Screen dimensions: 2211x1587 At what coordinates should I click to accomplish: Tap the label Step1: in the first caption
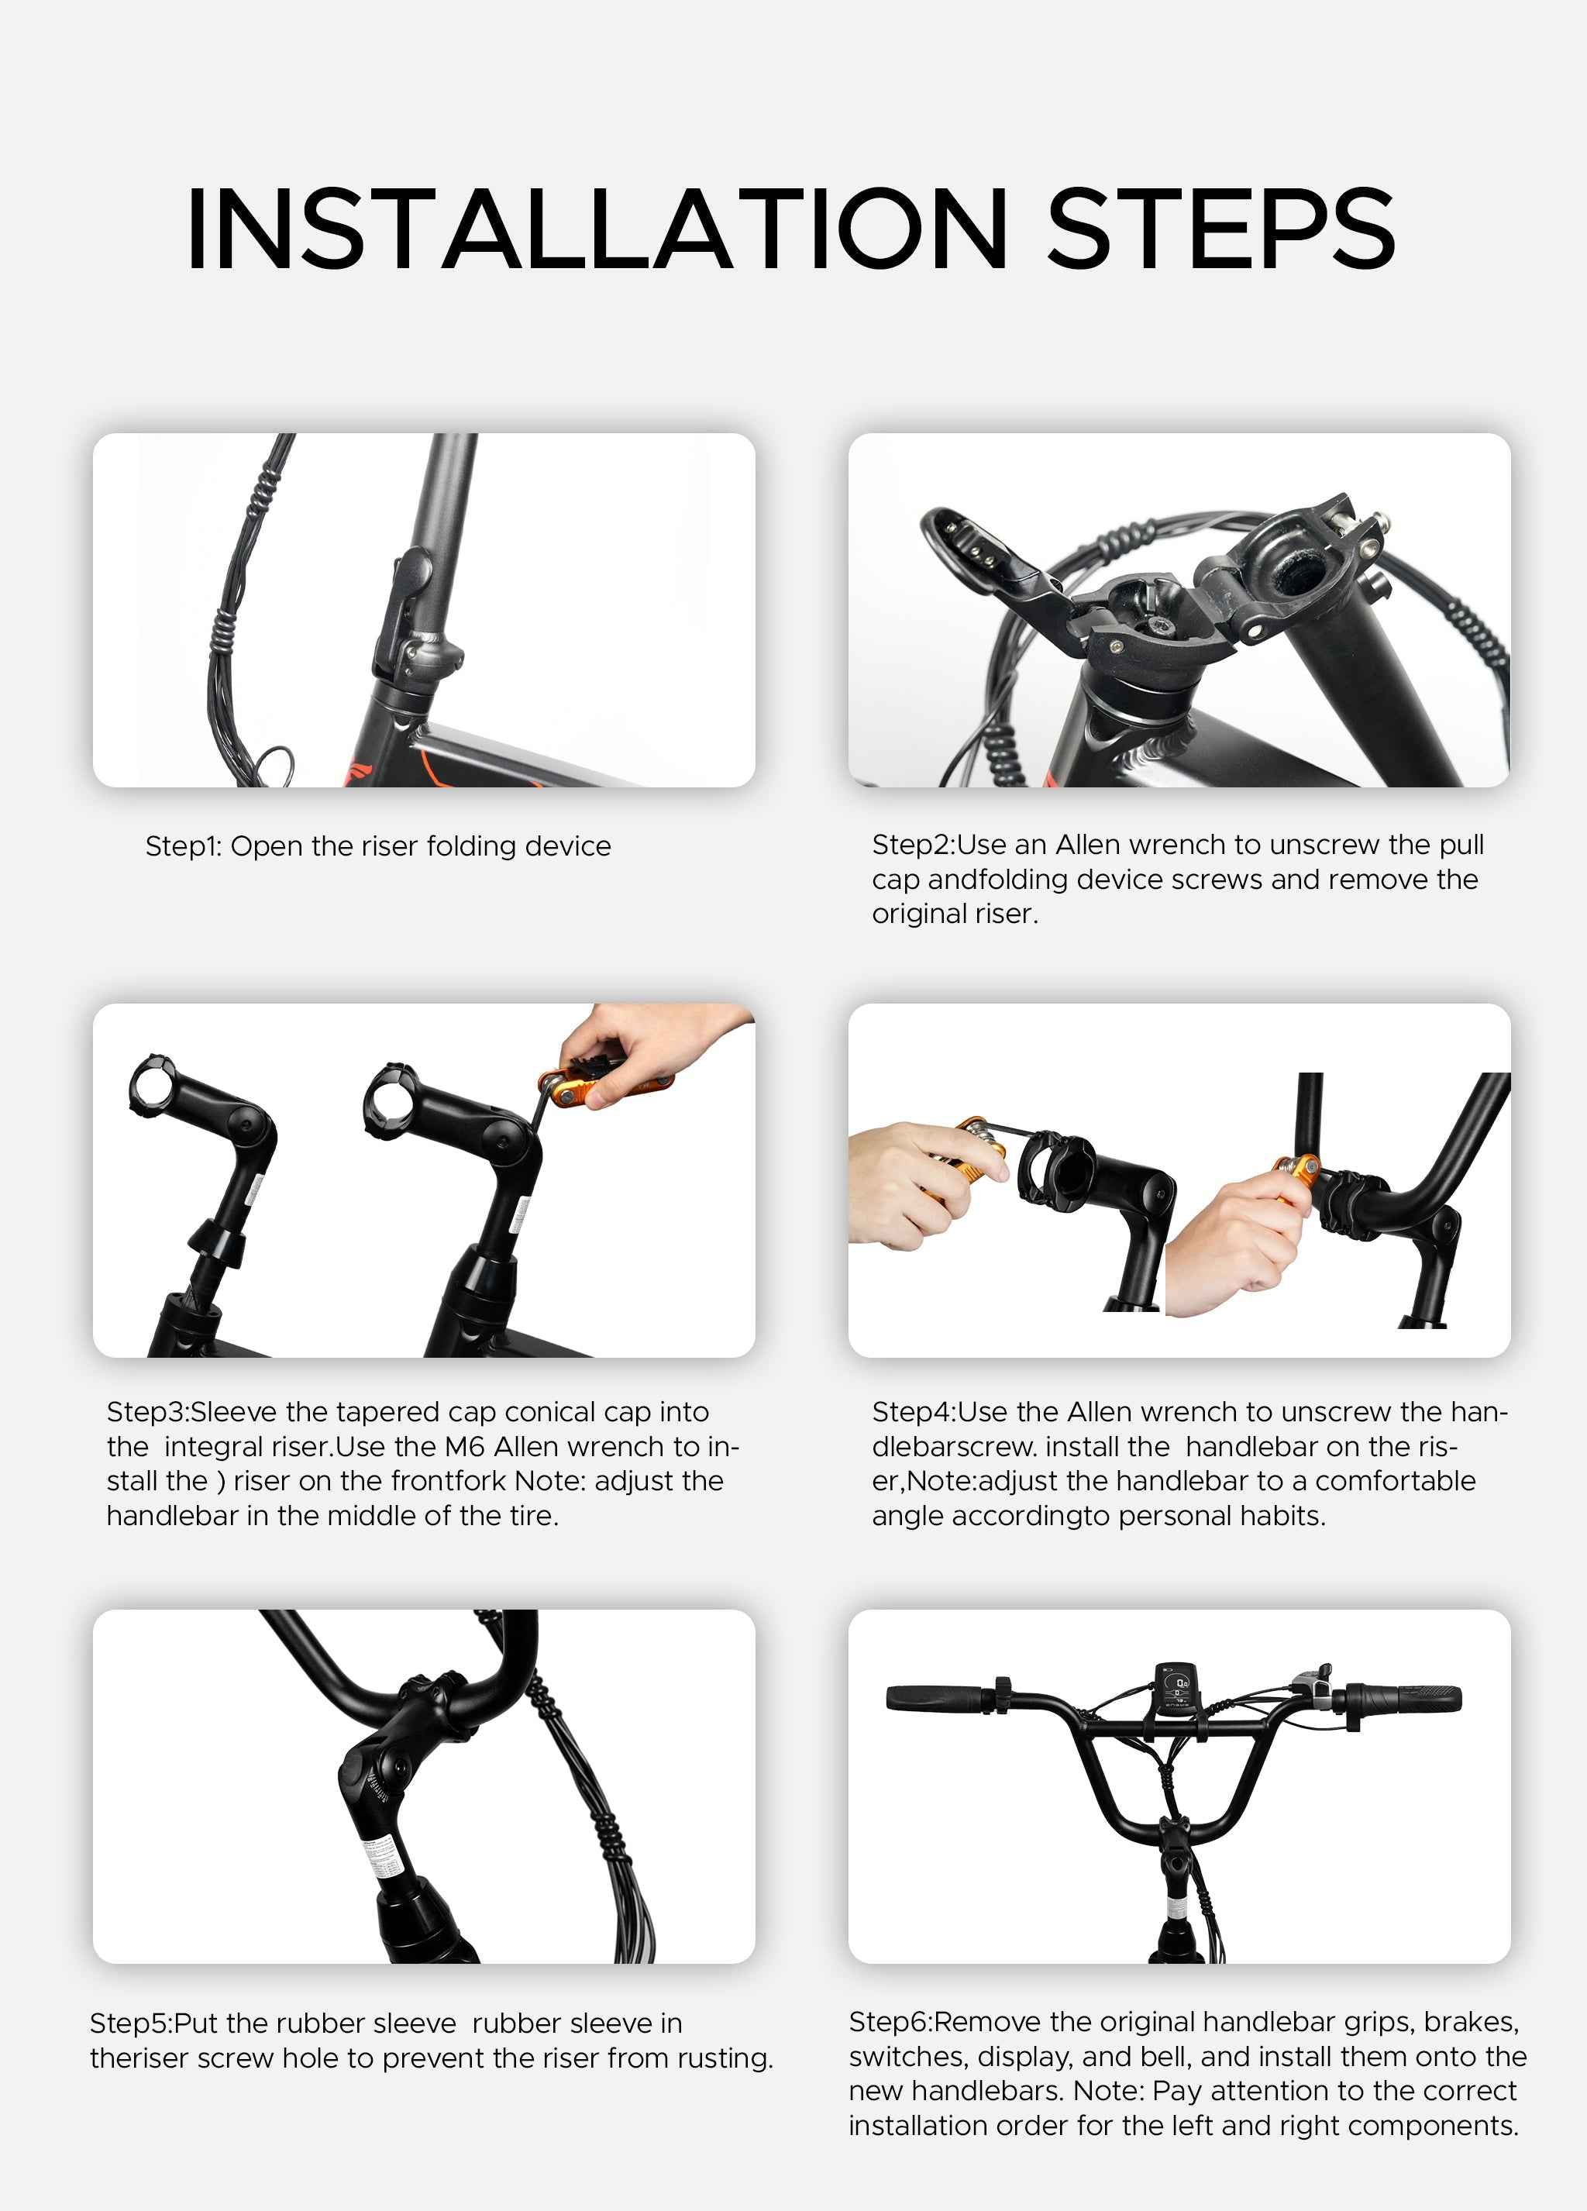(184, 846)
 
